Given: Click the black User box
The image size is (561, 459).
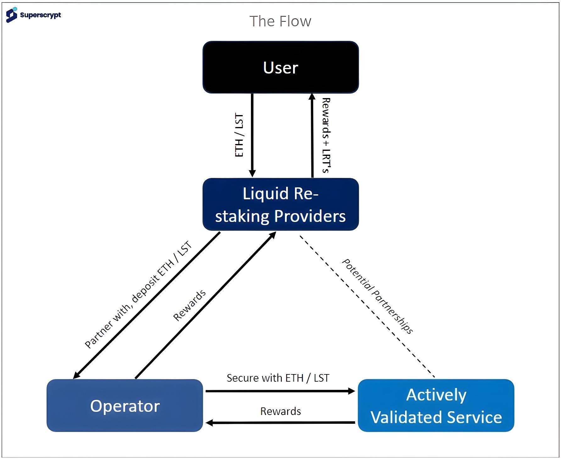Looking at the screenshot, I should click(x=280, y=67).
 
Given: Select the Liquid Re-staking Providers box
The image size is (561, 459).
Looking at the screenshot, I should click(x=280, y=204).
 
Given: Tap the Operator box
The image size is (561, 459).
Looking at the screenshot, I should click(x=125, y=406).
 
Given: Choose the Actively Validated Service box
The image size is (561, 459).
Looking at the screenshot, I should click(x=436, y=406).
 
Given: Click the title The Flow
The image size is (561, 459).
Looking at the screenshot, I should click(x=280, y=21).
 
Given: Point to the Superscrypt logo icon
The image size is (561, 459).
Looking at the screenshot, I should click(x=12, y=15).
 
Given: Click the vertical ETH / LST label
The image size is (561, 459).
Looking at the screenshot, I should click(x=239, y=135).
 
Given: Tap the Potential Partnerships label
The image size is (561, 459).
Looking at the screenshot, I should click(x=377, y=296).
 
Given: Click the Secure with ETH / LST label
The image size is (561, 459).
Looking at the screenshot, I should click(x=278, y=378).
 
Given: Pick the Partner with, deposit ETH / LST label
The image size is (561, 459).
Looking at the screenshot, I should click(x=138, y=295).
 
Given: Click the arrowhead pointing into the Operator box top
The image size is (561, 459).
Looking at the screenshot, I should click(x=76, y=375).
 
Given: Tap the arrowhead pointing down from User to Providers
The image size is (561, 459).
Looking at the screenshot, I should click(x=252, y=174).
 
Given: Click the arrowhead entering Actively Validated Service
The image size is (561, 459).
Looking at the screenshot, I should click(x=352, y=391).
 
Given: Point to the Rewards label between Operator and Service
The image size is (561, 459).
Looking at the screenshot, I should click(x=280, y=411).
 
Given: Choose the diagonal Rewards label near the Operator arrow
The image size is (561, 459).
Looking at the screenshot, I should click(x=189, y=306).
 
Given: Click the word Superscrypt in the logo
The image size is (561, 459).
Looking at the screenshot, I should click(x=40, y=15).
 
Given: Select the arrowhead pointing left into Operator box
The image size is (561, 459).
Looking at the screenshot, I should click(x=209, y=423).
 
